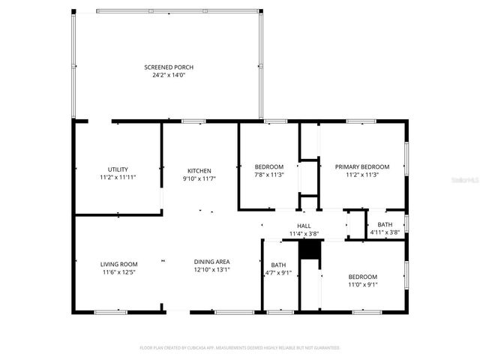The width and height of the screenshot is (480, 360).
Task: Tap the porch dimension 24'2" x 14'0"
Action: click(x=169, y=75)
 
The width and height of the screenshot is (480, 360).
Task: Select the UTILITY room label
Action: click(x=118, y=169)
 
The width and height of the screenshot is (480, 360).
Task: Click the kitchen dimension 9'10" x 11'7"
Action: click(x=199, y=178)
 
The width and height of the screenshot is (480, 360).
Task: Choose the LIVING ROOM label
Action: click(x=118, y=264)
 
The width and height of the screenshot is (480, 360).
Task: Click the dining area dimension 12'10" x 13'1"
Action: click(x=212, y=270)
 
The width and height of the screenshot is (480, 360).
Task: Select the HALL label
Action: click(x=304, y=226)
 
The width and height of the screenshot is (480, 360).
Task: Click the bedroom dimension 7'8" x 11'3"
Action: click(x=268, y=175)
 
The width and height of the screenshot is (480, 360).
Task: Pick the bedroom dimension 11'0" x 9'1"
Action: click(x=362, y=284)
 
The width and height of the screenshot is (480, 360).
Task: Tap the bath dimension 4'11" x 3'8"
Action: click(x=385, y=232)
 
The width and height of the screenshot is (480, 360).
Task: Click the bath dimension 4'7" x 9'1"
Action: click(x=278, y=273)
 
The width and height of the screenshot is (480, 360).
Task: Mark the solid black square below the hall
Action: click(x=309, y=250)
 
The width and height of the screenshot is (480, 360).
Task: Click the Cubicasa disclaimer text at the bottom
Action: click(x=240, y=348)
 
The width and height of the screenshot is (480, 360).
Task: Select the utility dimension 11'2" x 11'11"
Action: click(x=118, y=178)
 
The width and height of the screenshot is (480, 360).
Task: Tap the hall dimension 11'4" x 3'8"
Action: click(x=304, y=234)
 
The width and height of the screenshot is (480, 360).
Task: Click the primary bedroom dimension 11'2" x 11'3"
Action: click(x=362, y=175)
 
